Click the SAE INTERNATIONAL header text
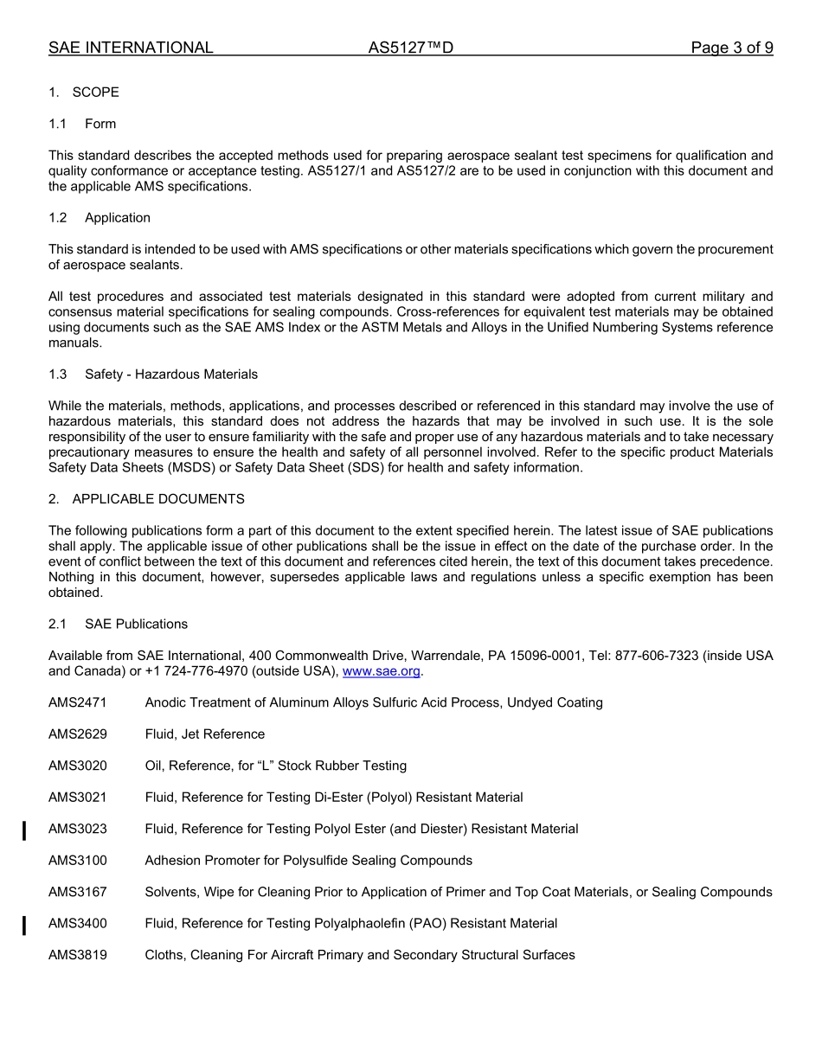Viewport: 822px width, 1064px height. (131, 48)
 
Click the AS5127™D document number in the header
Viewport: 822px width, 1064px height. (410, 48)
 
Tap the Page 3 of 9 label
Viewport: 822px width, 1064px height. (732, 48)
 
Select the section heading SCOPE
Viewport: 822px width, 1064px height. (95, 93)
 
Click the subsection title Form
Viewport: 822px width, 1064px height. (100, 124)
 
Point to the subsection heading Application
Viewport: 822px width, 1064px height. (118, 218)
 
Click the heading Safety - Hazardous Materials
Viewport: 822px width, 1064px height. (171, 375)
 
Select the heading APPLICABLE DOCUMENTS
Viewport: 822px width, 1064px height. (158, 499)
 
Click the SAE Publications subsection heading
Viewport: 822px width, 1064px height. (136, 624)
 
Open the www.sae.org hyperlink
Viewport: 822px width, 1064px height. (382, 671)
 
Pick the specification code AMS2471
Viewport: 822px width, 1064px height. (78, 702)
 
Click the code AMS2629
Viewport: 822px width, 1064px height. (78, 734)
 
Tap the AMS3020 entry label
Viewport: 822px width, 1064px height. (78, 766)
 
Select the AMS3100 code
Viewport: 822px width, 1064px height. (78, 861)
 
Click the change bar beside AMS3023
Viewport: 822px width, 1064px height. (24, 831)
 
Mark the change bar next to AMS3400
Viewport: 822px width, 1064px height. (24, 926)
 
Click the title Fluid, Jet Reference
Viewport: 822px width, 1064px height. (205, 734)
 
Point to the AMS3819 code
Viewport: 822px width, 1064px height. (78, 955)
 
